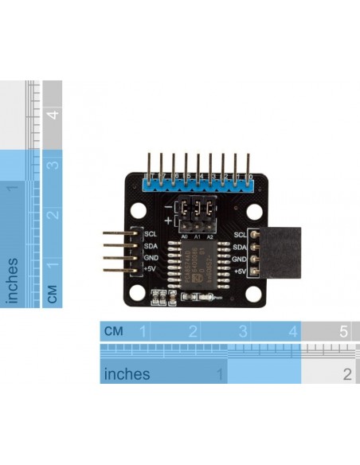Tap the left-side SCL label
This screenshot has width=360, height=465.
(x=151, y=234)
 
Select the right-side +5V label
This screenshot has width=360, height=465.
(x=240, y=272)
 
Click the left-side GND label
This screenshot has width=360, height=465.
(x=151, y=258)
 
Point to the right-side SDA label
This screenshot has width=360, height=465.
(x=240, y=247)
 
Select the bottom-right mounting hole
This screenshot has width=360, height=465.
(x=254, y=294)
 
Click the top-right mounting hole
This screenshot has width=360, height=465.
(x=254, y=213)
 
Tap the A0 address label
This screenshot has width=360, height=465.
(x=184, y=236)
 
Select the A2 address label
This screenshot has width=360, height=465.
(x=209, y=236)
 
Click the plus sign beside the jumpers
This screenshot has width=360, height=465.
(x=168, y=220)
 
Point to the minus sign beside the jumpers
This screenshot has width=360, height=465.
(x=168, y=206)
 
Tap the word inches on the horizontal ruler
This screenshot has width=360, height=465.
(x=127, y=373)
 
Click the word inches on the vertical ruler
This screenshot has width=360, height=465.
(x=14, y=279)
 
